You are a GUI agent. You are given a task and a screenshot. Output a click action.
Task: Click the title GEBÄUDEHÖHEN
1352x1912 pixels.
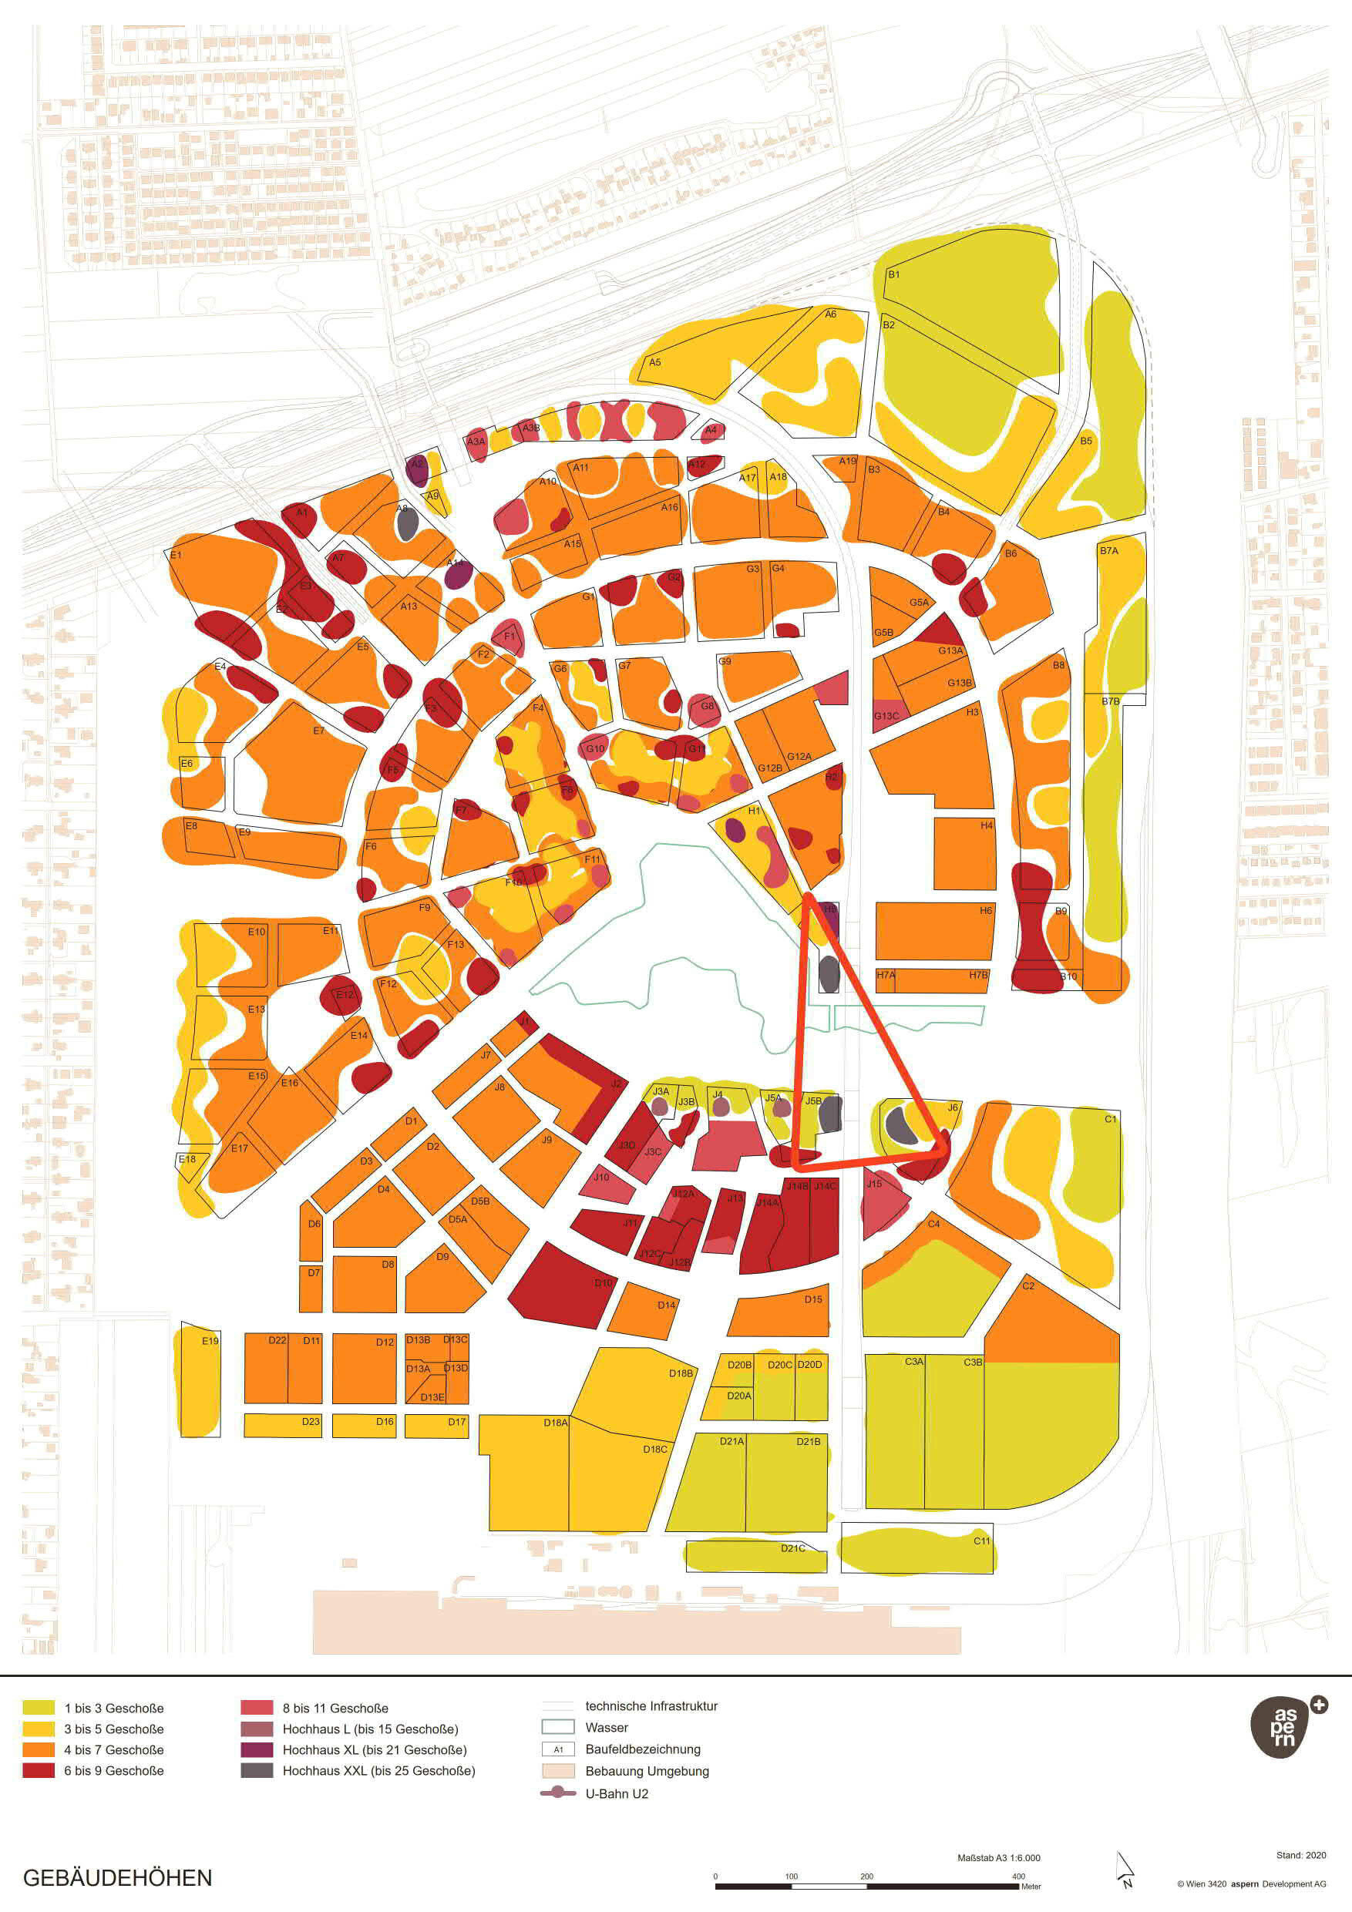[117, 1877]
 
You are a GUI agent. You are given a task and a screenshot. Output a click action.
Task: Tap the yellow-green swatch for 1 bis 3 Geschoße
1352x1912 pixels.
[39, 1708]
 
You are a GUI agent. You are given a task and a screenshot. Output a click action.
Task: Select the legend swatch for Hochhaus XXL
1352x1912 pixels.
[257, 1770]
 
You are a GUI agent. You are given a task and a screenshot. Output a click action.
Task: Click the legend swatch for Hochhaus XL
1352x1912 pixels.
[257, 1749]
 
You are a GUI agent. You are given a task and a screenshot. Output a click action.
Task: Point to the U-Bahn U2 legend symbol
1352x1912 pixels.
[557, 1793]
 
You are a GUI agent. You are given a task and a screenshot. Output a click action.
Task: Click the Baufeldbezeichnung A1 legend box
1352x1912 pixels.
[557, 1749]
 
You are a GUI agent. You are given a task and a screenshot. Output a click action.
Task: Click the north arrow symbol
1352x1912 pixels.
[1125, 1869]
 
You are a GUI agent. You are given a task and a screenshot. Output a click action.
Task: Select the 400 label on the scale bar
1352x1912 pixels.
[1018, 1877]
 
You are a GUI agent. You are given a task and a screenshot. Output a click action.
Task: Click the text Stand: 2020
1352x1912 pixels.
[1300, 1854]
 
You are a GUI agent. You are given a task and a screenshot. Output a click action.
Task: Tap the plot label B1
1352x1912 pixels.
[894, 274]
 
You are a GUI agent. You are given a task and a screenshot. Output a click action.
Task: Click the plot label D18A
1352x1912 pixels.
[556, 1423]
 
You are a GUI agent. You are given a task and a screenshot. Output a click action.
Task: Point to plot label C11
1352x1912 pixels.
[982, 1541]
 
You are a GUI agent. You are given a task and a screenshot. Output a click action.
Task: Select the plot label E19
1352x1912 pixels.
[210, 1341]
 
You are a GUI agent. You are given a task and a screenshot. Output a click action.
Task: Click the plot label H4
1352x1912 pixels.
[987, 825]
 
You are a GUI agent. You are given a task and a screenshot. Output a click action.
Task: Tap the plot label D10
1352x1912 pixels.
[603, 1282]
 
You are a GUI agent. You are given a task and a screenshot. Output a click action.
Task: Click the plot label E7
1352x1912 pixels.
[319, 731]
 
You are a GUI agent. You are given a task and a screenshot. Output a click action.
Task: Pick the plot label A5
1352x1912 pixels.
[654, 362]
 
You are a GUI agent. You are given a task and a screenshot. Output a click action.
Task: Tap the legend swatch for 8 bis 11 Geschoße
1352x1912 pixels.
[257, 1708]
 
